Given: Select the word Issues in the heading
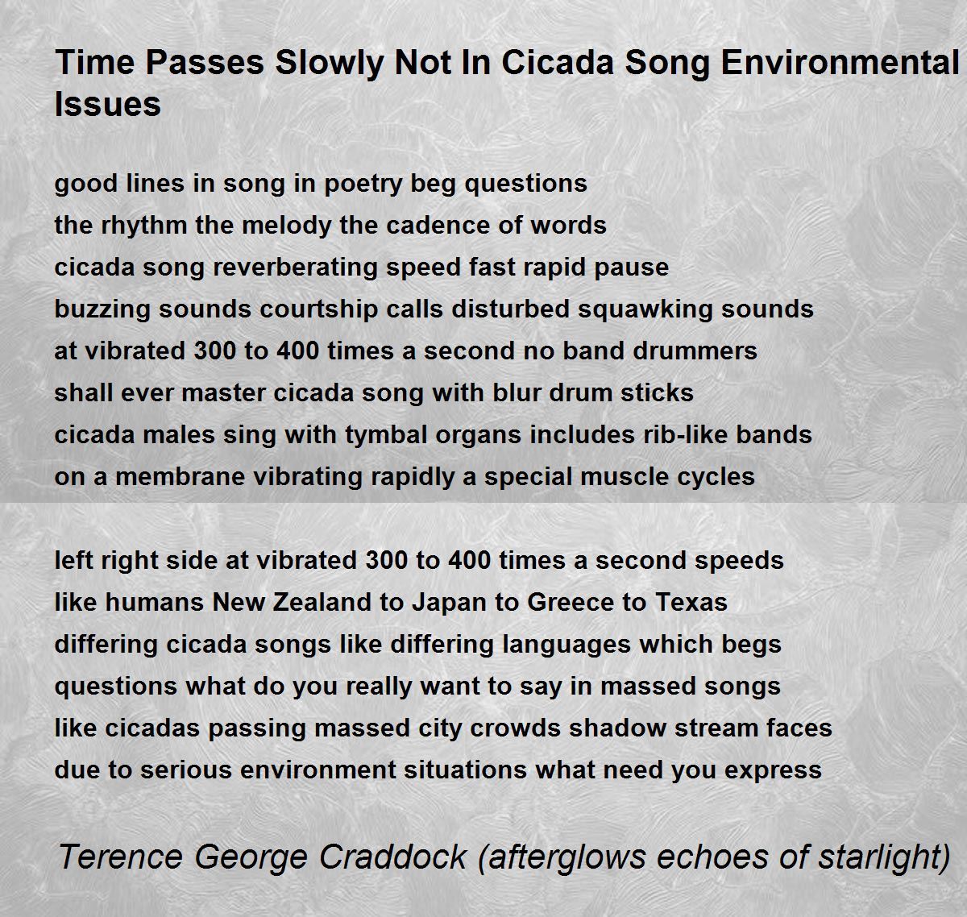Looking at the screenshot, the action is pos(108,105).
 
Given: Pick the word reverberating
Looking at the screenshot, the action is pos(295,268).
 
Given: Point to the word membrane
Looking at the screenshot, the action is pos(180,477).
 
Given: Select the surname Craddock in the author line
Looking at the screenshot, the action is pos(392,857).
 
